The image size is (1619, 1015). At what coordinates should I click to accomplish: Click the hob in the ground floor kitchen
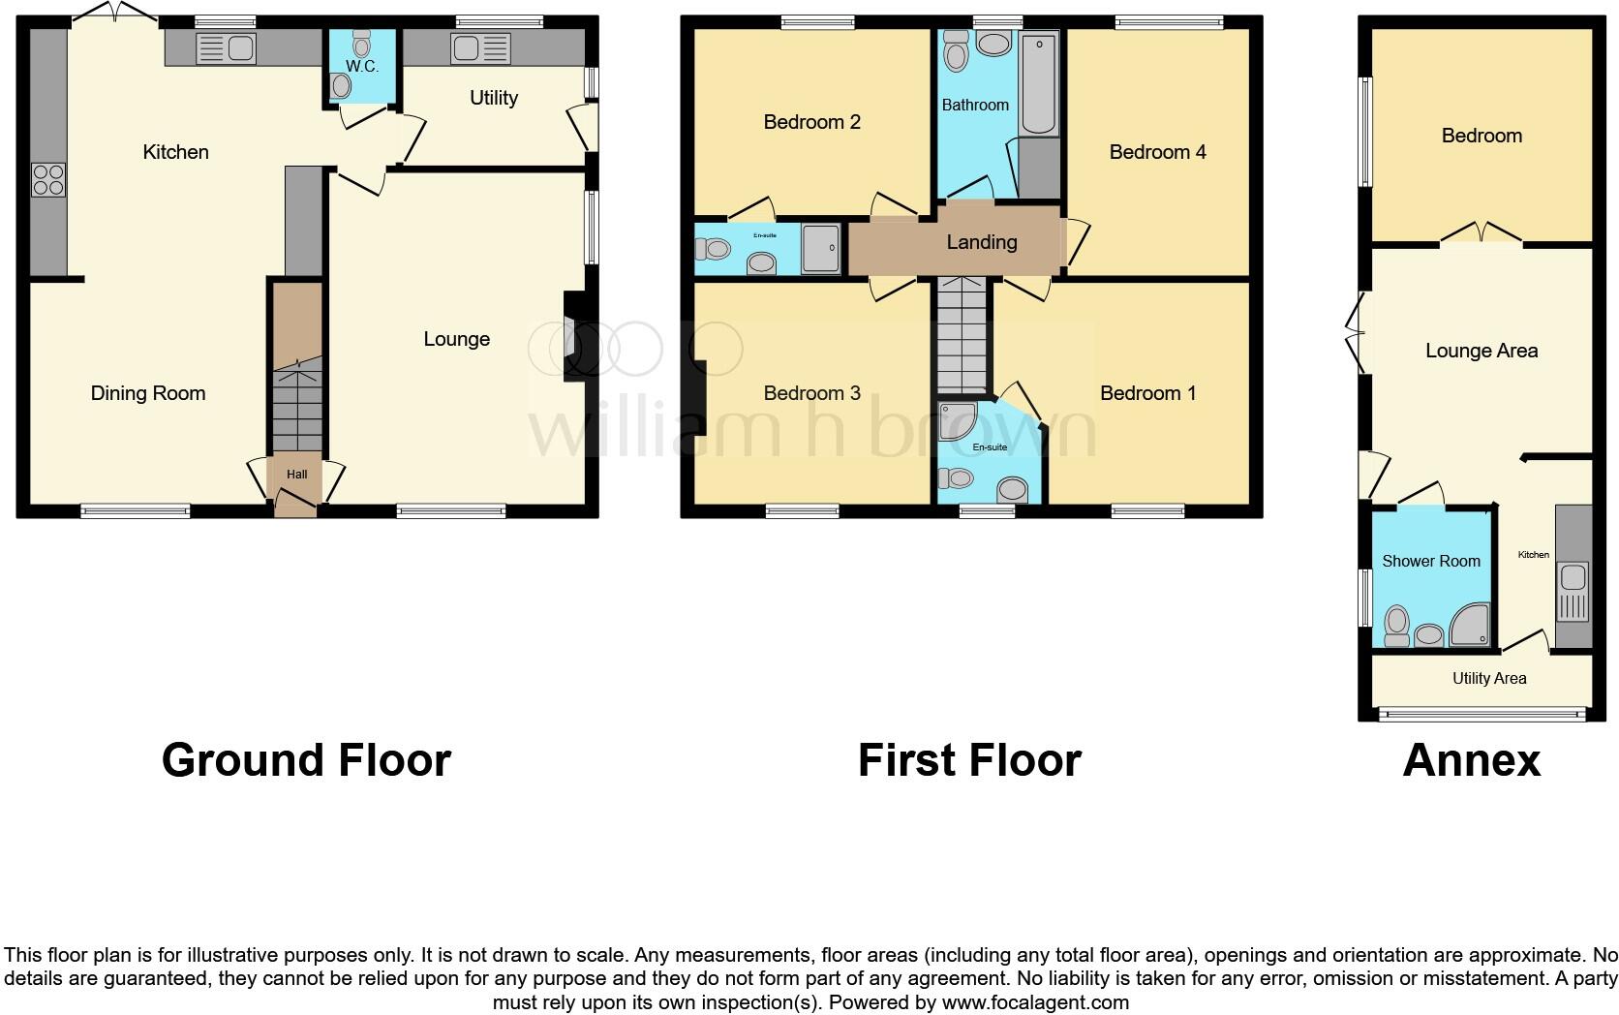[49, 180]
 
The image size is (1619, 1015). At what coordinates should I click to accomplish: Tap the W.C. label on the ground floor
[362, 67]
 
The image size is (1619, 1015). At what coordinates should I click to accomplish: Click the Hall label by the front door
[296, 474]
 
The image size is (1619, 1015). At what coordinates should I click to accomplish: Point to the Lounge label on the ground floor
[456, 339]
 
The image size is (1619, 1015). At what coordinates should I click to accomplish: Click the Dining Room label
[148, 393]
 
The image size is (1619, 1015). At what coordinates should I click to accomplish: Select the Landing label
[982, 242]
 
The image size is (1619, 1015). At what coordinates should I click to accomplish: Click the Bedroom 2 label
[811, 122]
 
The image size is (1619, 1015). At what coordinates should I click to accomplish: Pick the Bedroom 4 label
[1157, 152]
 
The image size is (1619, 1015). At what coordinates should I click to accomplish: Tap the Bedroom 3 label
[811, 393]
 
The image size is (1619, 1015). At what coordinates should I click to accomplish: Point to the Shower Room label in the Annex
[1431, 561]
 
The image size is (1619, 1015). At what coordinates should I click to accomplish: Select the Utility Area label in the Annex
[1489, 679]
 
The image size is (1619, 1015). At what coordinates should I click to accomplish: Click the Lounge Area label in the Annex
[1482, 351]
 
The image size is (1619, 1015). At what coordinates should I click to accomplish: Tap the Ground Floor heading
[306, 760]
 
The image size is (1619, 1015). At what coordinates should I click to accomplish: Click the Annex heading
[1471, 760]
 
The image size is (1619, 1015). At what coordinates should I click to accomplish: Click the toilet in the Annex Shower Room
[1396, 625]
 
